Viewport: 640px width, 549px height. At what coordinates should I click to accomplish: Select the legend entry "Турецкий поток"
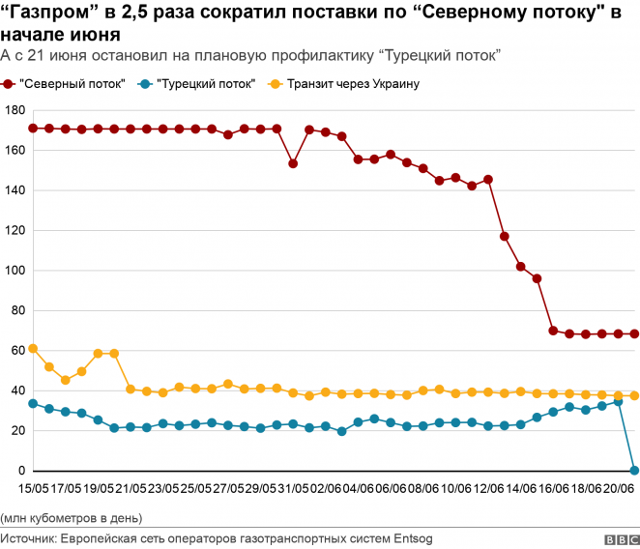[205, 84]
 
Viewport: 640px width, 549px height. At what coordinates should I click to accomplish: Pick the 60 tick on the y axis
[16, 351]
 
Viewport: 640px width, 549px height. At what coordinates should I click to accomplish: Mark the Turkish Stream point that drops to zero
[634, 471]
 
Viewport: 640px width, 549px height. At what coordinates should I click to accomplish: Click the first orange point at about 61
[33, 348]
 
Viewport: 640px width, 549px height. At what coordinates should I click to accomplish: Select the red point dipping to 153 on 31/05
[293, 163]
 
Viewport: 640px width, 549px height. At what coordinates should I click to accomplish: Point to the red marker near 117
[505, 236]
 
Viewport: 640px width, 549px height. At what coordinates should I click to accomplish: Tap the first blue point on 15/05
[33, 403]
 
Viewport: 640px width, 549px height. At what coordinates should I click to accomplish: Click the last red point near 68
[634, 334]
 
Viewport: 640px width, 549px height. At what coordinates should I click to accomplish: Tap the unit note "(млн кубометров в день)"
[73, 516]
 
